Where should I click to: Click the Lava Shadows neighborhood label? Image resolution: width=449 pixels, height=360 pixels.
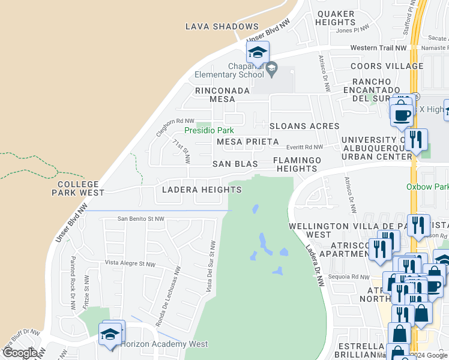pos(221,26)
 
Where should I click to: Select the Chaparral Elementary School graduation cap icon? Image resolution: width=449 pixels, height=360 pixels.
pos(258,52)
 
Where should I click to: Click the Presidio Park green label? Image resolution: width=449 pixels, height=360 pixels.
pos(208,130)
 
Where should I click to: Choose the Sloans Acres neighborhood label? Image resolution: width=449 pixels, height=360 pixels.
pos(304,127)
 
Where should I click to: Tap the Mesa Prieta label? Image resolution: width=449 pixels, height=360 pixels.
pos(247,142)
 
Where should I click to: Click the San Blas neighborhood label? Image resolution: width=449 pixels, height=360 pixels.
pos(235,164)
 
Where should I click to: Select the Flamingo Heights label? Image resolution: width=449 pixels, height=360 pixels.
pos(297,164)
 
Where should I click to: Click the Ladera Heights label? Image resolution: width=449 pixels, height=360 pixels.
pos(202,190)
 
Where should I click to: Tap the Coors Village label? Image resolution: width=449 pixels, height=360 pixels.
pos(379,66)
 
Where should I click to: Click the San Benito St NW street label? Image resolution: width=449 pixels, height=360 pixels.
pos(141,219)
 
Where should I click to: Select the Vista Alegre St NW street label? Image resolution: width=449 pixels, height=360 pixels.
pos(130,263)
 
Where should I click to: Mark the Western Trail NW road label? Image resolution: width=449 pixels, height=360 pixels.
pos(379,48)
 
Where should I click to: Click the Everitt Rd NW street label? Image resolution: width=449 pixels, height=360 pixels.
pos(304,146)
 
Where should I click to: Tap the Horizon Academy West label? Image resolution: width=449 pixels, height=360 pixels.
pos(164,344)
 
